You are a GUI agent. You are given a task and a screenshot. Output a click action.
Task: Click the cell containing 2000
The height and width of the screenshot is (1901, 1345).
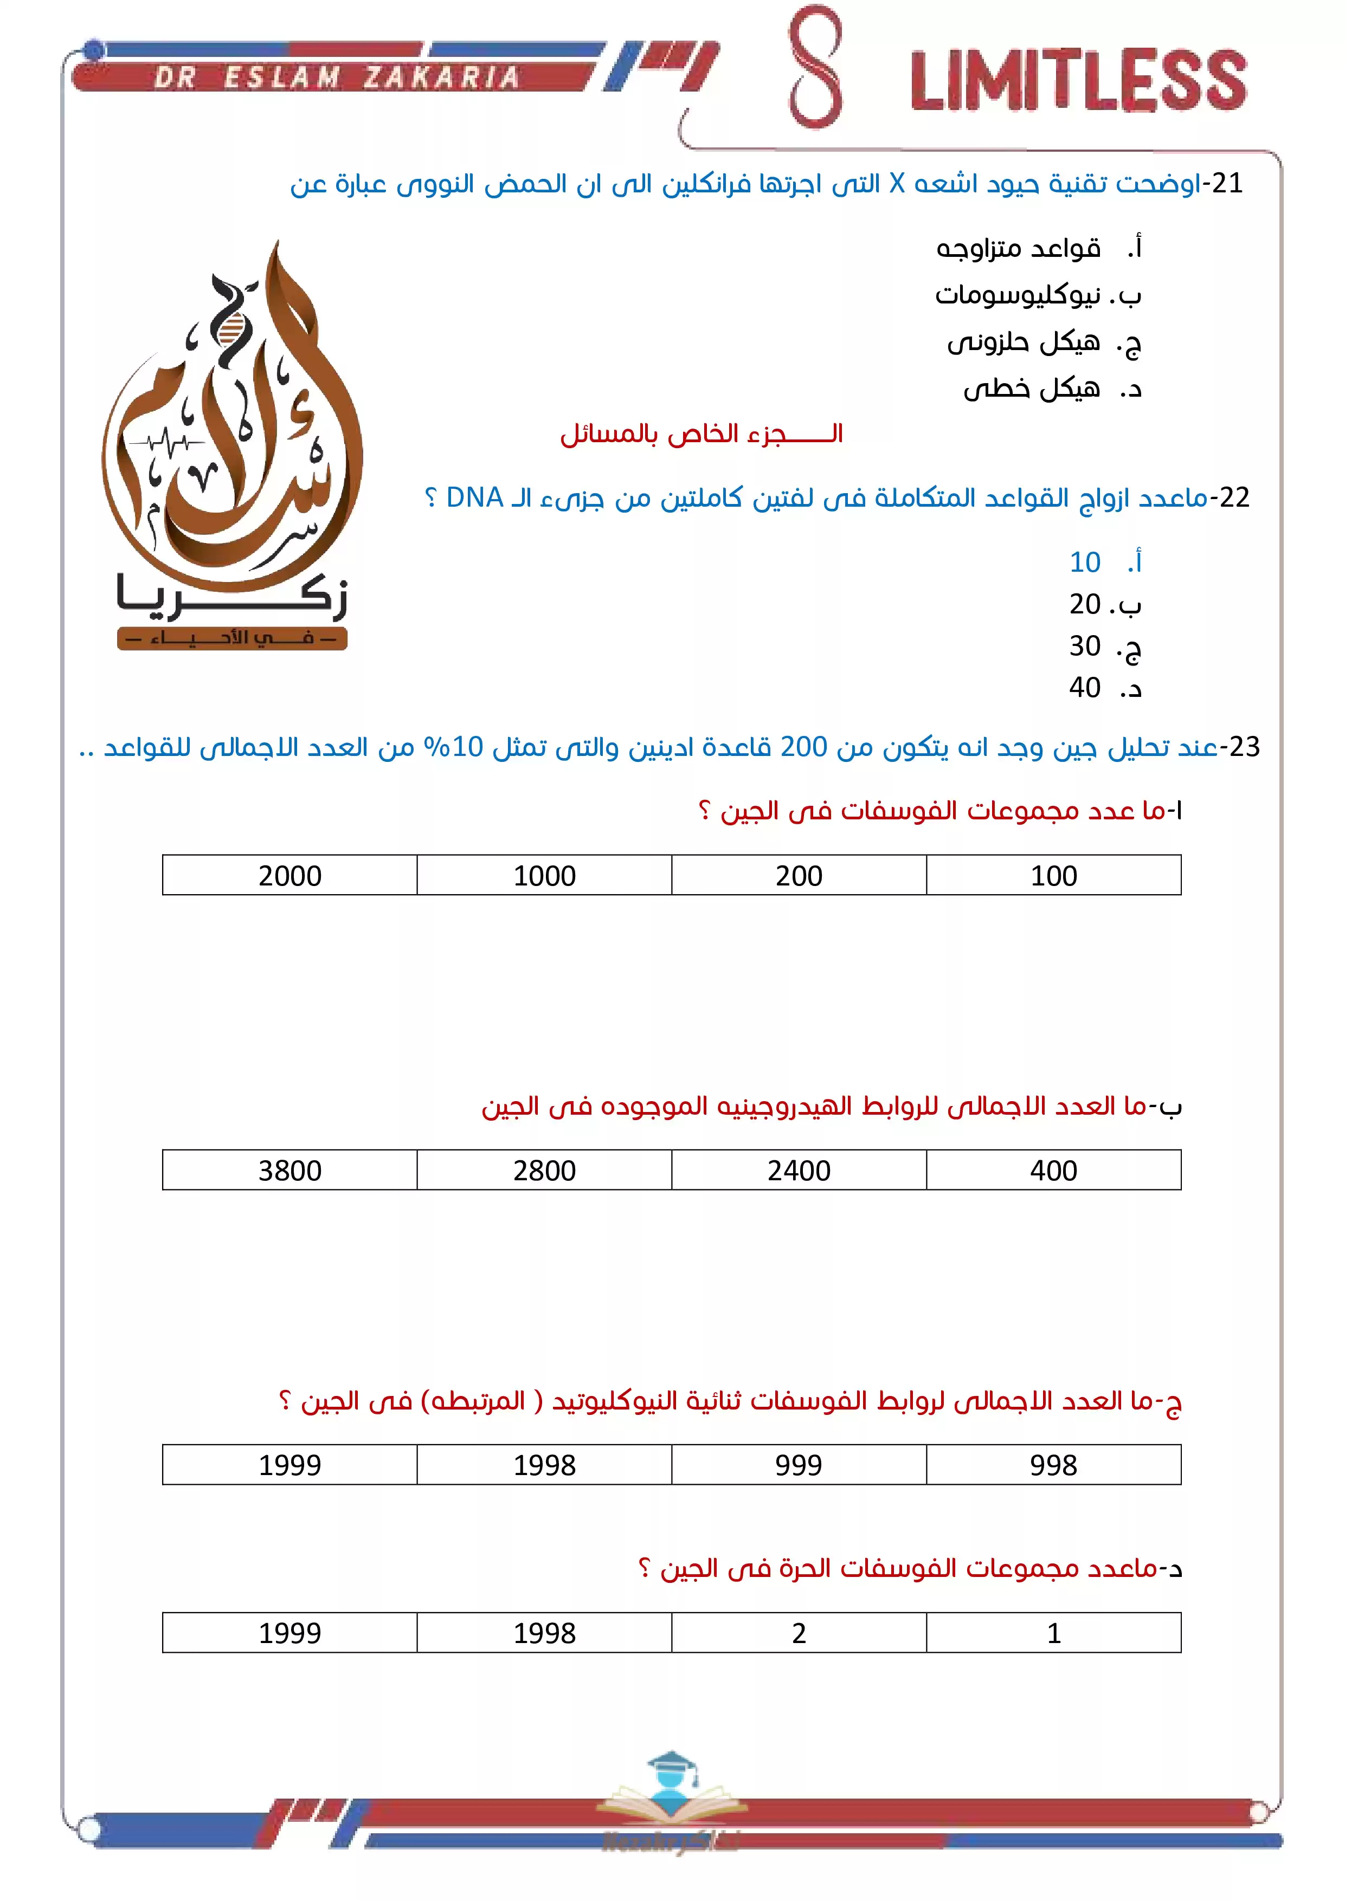290,875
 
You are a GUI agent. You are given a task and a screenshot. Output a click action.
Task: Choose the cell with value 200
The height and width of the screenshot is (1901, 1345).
799,875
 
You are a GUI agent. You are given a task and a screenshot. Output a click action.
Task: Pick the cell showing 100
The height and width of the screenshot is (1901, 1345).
1053,875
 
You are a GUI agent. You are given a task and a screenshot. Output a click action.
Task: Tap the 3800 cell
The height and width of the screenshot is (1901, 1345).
290,1170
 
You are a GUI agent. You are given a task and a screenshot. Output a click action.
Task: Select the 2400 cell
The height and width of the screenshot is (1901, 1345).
799,1170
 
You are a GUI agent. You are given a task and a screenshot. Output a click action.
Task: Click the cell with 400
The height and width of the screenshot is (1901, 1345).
1053,1170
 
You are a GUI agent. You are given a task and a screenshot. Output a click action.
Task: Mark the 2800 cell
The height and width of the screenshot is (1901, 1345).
544,1170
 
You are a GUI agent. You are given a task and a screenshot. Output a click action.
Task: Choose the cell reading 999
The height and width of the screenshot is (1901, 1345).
799,1465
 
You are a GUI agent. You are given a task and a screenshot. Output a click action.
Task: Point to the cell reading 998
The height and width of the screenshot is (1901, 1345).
1053,1465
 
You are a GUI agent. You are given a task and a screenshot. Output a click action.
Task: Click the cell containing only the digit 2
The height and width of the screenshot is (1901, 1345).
799,1633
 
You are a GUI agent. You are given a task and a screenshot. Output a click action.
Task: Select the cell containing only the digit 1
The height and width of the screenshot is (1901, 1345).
1053,1633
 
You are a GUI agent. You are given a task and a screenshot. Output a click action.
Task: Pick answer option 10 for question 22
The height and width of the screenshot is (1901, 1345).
1085,562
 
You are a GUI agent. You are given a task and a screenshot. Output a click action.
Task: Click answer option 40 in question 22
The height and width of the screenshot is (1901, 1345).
1085,687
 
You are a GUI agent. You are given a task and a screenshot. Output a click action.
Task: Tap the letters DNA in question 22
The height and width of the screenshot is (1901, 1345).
474,497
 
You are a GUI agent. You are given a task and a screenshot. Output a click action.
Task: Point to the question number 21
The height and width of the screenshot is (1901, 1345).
1227,183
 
